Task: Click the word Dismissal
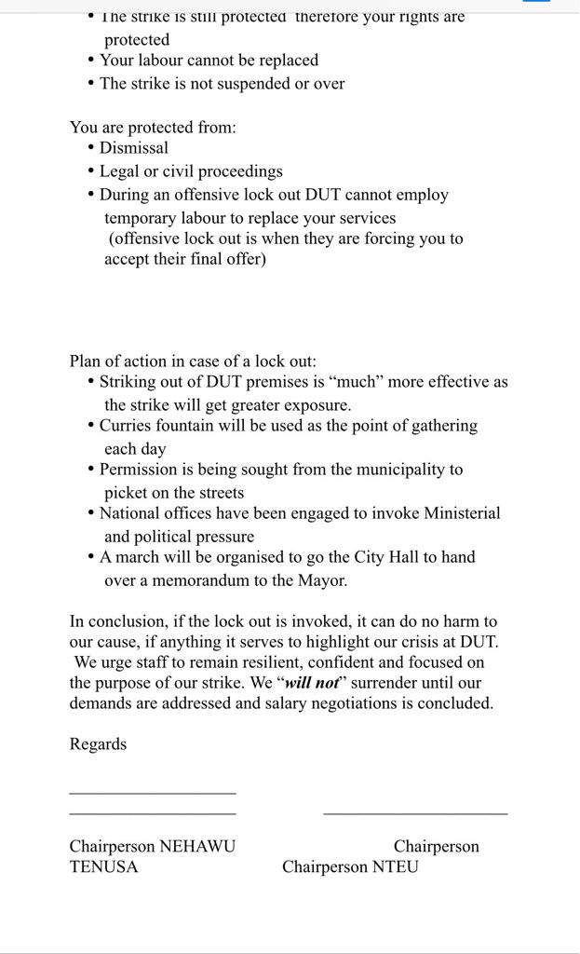134,148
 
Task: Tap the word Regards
98,744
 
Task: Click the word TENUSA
103,867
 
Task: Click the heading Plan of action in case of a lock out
193,361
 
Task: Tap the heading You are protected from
153,128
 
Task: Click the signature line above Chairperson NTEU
415,814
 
